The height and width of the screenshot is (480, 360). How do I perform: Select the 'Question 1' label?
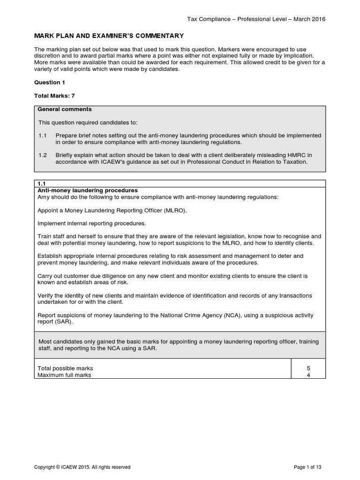pos(50,82)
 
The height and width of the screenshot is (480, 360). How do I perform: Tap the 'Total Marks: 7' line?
pos(54,96)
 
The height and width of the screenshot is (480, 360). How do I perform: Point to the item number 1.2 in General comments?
pos(43,155)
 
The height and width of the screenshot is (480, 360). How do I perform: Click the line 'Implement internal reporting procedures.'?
pos(92,224)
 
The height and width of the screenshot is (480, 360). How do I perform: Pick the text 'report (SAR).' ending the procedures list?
pos(56,322)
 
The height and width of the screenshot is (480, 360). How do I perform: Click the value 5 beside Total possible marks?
pos(308,368)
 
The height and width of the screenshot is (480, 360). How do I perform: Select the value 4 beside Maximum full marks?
pos(308,375)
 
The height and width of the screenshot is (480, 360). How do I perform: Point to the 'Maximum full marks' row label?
pos(65,375)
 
